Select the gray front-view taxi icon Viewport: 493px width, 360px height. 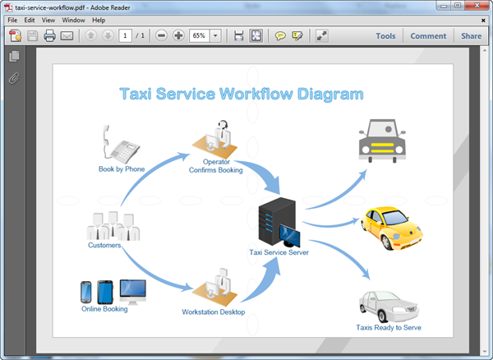pyautogui.click(x=382, y=140)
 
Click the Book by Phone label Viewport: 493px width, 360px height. pyautogui.click(x=122, y=169)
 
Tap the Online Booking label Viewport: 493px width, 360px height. pyautogui.click(x=104, y=309)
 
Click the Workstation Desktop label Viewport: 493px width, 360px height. pyautogui.click(x=214, y=312)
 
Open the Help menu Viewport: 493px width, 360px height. pyautogui.click(x=99, y=20)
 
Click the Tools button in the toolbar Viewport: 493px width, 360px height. pyautogui.click(x=385, y=36)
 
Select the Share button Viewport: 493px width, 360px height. pyautogui.click(x=471, y=36)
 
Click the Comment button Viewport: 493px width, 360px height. pyautogui.click(x=428, y=36)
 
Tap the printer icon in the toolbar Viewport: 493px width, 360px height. pyautogui.click(x=49, y=36)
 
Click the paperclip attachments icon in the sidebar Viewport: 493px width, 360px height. pyautogui.click(x=13, y=79)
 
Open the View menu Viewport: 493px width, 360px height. pyautogui.click(x=48, y=20)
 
